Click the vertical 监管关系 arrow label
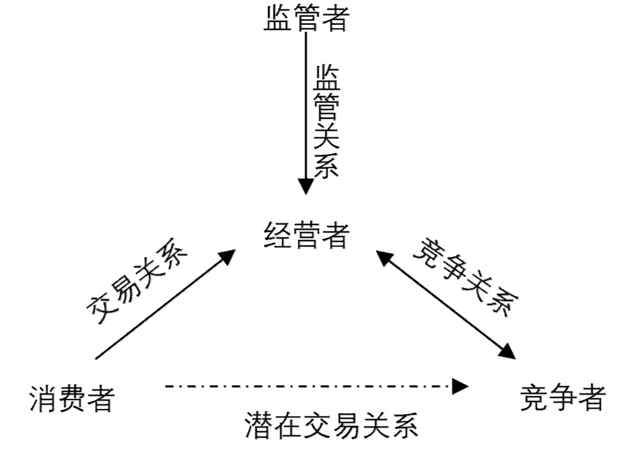(x=326, y=120)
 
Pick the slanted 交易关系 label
(x=139, y=283)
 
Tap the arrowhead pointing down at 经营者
(x=306, y=186)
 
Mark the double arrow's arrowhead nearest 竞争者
(x=509, y=351)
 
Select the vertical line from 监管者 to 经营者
(x=306, y=101)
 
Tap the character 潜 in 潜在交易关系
(x=262, y=426)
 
